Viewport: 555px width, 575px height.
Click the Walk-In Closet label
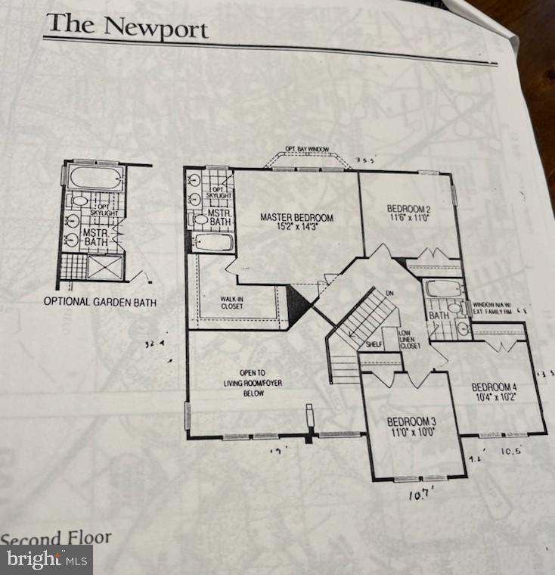coord(231,303)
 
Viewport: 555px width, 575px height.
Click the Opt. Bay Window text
coord(306,149)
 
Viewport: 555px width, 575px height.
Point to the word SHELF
coord(373,345)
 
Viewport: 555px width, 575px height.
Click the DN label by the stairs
coord(389,294)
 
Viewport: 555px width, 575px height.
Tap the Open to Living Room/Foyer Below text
coord(252,384)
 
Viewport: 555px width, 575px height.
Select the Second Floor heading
coord(55,539)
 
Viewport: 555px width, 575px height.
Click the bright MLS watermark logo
coord(46,560)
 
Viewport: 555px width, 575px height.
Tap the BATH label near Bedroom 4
coord(438,315)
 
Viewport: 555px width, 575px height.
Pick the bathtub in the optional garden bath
coord(95,179)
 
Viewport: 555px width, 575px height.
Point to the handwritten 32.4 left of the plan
coord(155,344)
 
